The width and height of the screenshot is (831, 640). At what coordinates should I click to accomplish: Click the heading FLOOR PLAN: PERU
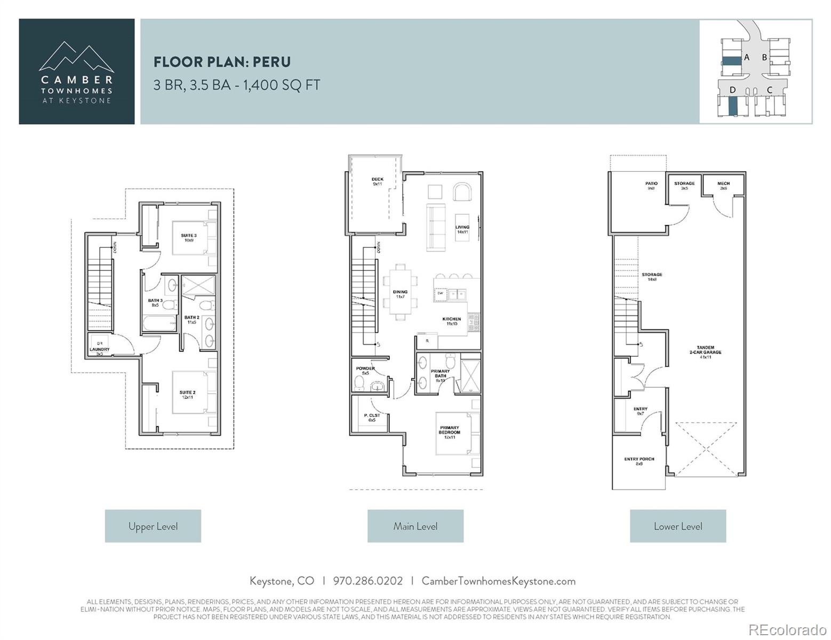[222, 62]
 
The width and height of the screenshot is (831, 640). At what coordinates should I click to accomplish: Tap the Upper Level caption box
[153, 526]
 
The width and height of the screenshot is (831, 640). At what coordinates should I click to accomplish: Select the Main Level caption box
[415, 526]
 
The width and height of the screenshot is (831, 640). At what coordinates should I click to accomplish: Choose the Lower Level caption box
[677, 526]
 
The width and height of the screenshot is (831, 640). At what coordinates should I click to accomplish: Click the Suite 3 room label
[188, 237]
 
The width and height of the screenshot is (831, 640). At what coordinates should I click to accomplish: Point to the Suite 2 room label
[187, 395]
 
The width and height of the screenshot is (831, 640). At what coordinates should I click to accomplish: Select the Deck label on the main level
[377, 181]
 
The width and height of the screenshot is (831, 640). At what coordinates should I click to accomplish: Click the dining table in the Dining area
[401, 293]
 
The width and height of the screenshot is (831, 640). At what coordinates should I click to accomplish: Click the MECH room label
[723, 185]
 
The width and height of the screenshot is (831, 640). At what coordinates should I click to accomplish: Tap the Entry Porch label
[639, 461]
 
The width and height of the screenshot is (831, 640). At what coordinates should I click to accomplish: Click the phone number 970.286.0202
[367, 581]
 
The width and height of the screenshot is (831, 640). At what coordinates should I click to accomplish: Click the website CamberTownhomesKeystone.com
[498, 581]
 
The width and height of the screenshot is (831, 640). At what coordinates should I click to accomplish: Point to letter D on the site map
[732, 90]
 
